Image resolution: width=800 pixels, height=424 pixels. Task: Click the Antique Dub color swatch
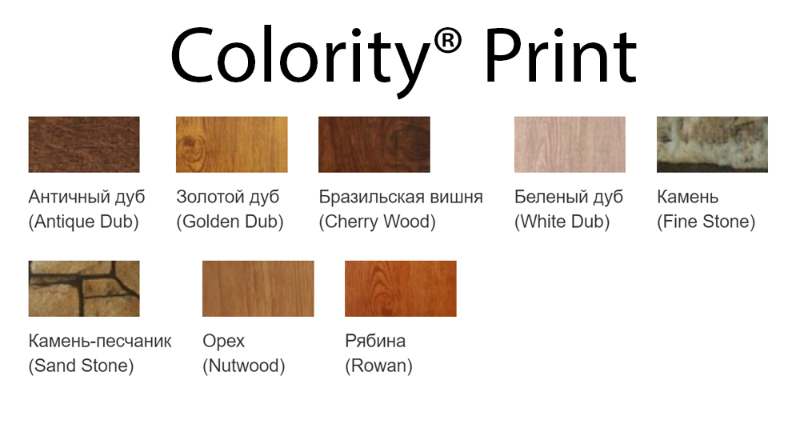84,144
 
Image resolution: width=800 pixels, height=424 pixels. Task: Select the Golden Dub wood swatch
232,144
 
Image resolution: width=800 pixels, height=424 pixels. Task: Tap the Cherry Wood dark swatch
374,144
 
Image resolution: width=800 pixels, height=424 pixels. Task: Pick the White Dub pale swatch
570,144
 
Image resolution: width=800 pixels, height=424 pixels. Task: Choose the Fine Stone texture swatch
712,144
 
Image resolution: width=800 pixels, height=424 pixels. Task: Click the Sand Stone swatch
84,289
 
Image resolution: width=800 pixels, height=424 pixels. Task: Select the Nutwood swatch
258,289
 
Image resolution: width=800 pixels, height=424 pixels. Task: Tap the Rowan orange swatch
401,289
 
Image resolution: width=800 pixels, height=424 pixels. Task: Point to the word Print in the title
561,56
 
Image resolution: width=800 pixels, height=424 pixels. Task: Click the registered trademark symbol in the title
448,40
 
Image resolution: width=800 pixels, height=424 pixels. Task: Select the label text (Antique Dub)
84,222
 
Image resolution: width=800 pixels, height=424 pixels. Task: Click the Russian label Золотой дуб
227,197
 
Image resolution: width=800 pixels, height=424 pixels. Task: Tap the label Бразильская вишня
401,197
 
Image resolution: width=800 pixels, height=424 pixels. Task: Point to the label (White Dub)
562,222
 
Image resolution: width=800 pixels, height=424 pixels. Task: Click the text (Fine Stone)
706,222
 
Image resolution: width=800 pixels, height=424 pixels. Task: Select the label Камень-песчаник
100,341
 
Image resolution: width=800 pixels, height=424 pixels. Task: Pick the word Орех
223,342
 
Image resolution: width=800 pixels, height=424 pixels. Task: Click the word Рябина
375,341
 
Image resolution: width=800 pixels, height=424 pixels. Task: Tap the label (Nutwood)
244,366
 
